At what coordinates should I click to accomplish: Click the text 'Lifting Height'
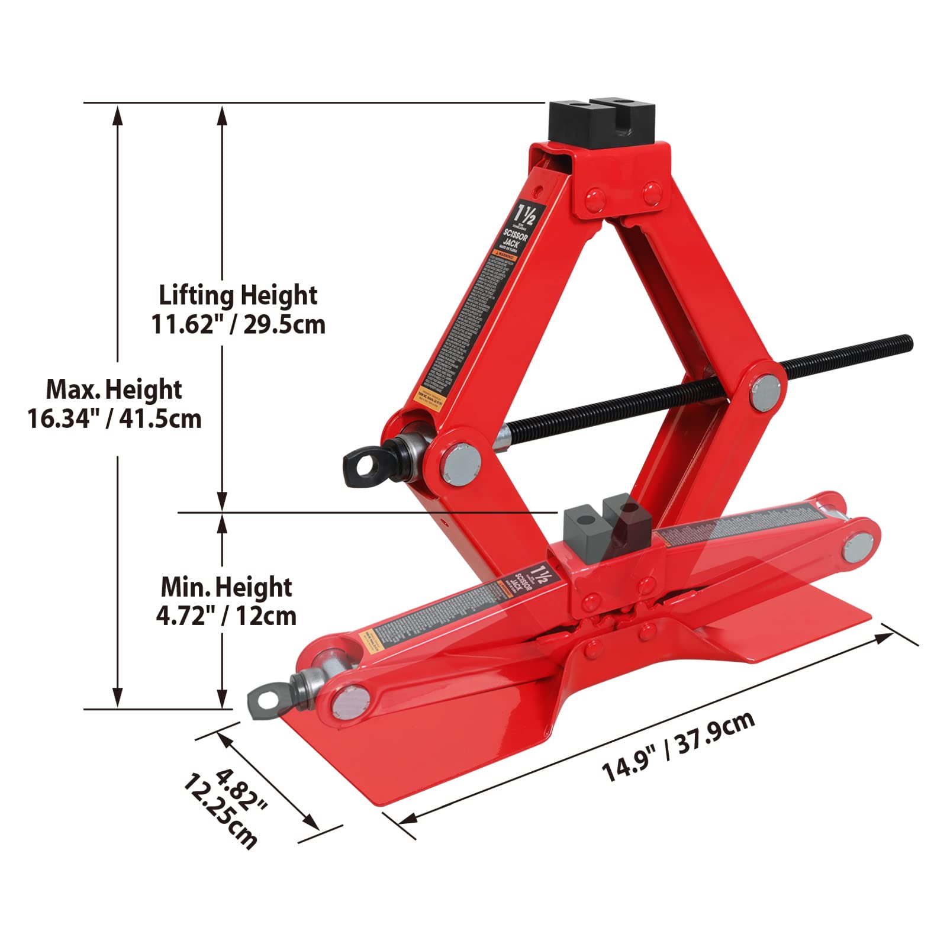238,295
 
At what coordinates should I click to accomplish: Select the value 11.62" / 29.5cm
238,324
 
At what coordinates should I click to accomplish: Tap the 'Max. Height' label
114,389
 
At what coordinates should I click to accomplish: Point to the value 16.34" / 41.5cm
114,419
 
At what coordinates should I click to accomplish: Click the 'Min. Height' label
226,587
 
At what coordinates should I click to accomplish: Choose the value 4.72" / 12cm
226,616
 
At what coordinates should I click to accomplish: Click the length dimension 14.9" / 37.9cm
678,747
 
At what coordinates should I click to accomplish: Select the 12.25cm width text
220,811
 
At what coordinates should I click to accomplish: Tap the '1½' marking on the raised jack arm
524,213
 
